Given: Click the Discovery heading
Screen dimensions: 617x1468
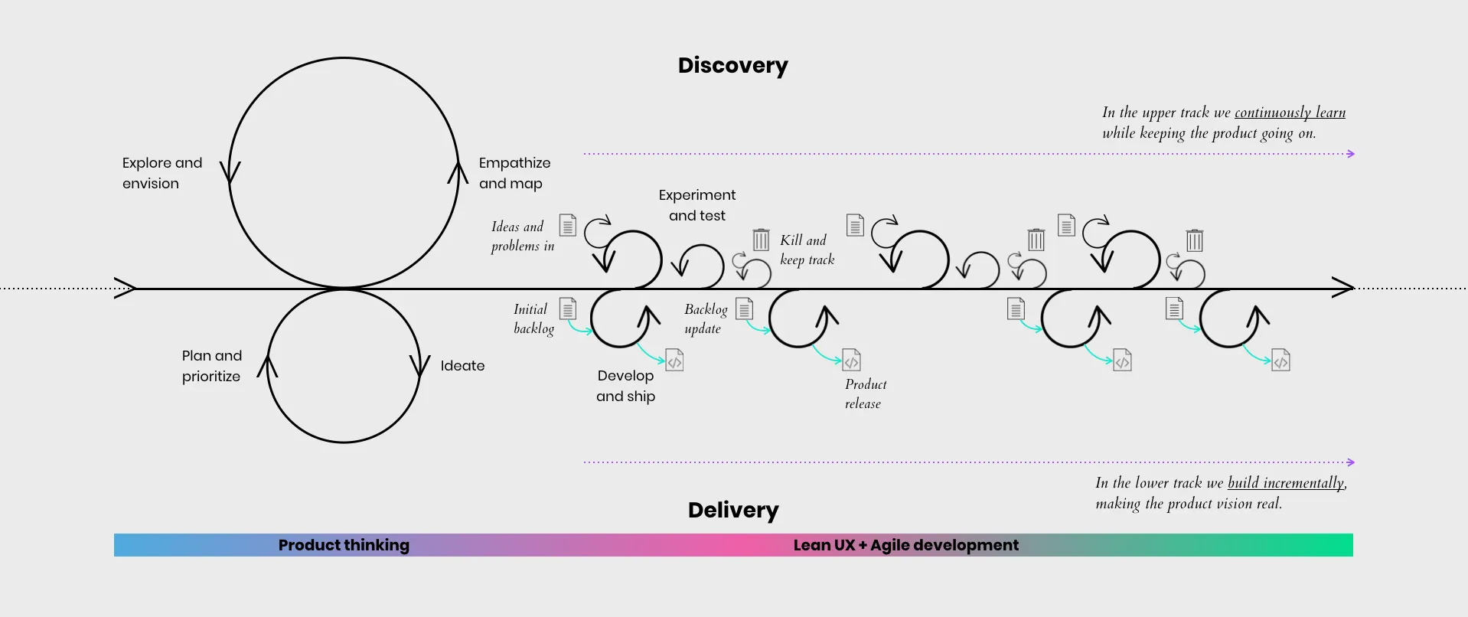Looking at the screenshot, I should [x=732, y=66].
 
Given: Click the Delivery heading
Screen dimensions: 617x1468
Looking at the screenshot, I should [x=733, y=510].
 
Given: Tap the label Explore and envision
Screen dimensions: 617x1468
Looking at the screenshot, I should [x=162, y=173].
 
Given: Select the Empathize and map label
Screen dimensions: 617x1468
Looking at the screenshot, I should [x=514, y=173].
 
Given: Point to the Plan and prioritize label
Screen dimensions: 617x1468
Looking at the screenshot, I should [x=212, y=366].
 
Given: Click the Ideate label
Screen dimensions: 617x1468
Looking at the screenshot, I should [x=462, y=366].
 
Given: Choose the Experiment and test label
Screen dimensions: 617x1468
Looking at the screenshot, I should [x=697, y=205].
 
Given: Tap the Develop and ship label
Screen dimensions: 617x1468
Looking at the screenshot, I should [x=625, y=386].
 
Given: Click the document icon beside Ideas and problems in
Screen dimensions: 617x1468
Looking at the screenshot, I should [x=567, y=225].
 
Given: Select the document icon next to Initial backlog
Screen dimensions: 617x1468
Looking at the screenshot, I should [x=567, y=308].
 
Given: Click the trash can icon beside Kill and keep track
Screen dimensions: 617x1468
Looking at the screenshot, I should [x=761, y=240].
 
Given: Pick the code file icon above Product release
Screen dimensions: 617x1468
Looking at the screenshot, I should [x=851, y=360].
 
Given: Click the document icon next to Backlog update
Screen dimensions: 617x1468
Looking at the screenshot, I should [x=744, y=308].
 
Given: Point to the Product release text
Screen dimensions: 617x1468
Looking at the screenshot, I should [x=865, y=393].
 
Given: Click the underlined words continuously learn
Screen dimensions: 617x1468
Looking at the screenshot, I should [x=1290, y=113].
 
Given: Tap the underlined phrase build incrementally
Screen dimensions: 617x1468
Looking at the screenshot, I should [x=1286, y=483].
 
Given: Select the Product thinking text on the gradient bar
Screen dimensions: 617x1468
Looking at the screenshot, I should [x=344, y=545].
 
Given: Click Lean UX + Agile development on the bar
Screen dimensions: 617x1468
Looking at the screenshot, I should [x=905, y=545].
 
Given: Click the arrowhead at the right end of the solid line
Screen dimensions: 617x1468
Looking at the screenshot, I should [x=1344, y=288].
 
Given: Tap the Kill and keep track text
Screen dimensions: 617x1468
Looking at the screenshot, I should [x=807, y=250].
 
